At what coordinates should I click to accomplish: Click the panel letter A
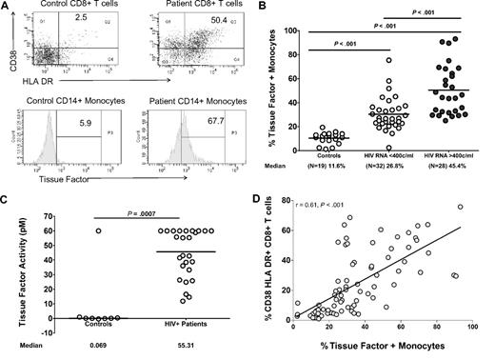tap(8, 7)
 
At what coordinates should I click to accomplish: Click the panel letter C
tap(8, 197)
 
